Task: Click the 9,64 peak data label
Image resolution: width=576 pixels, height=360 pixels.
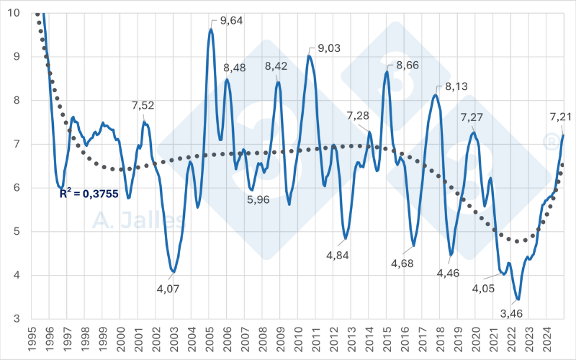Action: [x=233, y=21]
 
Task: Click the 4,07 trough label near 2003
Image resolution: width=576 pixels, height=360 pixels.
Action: [x=167, y=289]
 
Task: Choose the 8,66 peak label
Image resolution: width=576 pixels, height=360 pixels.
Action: [x=407, y=64]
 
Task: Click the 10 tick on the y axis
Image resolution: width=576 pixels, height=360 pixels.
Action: [x=14, y=13]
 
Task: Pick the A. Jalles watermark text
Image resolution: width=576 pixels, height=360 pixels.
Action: [x=138, y=219]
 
